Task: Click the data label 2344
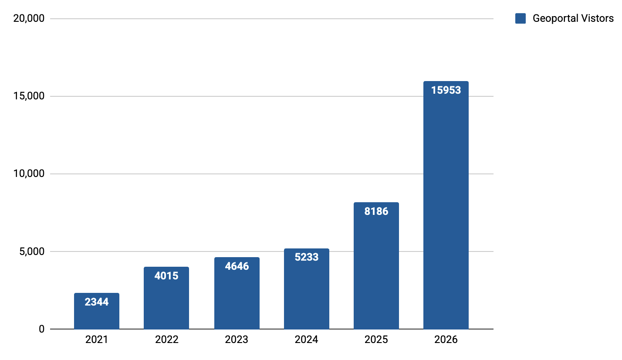pos(97,302)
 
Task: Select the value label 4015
pos(166,275)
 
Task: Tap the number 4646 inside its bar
pos(237,266)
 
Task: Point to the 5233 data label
pos(306,257)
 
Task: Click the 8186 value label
pos(376,211)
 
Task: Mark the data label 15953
pos(446,90)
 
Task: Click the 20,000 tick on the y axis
pos(29,19)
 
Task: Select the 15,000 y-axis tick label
pos(29,96)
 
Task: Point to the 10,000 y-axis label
pos(29,174)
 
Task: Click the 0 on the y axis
pos(41,329)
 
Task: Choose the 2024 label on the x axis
pos(306,340)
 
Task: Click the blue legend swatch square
pos(520,18)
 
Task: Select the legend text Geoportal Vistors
pos(573,18)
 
